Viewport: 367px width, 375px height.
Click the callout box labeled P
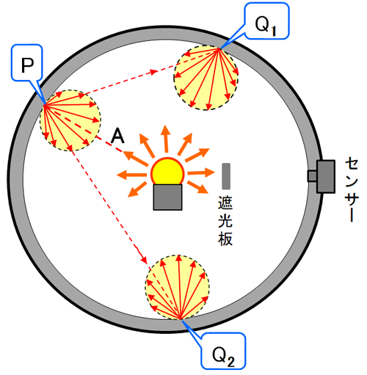point(27,63)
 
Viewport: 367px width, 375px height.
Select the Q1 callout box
point(267,21)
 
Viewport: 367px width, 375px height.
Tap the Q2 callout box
point(223,350)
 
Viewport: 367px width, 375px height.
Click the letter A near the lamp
point(117,136)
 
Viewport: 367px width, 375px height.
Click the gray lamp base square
point(167,197)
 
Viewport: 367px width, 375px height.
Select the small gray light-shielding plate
point(226,176)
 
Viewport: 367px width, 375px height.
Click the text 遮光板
point(225,221)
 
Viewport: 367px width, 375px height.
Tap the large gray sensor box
point(326,177)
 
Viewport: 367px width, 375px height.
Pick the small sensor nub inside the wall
point(312,176)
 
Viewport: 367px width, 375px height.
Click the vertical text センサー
point(352,189)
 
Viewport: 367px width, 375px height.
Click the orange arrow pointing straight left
point(131,175)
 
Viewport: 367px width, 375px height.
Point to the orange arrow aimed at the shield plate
point(201,172)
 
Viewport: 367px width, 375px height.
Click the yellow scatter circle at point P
point(70,120)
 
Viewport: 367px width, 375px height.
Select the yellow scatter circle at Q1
point(206,78)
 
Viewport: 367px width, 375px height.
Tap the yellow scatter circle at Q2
point(178,287)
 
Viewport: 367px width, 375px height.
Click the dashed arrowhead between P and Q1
point(154,72)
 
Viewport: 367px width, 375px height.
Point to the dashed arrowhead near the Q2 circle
point(144,259)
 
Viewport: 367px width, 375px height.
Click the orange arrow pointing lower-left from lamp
point(137,189)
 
